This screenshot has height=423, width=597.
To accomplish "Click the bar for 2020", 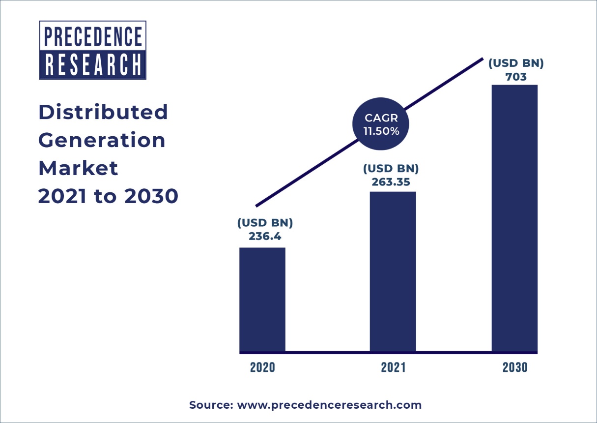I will [262, 300].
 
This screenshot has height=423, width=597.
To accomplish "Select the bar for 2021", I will [393, 272].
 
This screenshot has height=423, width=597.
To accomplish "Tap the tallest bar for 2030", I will [514, 218].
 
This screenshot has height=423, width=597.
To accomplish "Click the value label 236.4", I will [265, 236].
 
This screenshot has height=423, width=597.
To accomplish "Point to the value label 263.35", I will [391, 182].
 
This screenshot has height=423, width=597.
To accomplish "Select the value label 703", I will [516, 77].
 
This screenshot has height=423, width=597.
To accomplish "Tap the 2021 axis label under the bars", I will [393, 367].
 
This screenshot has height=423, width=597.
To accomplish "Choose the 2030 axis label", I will [514, 367].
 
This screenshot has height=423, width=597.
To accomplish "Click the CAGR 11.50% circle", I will [381, 125].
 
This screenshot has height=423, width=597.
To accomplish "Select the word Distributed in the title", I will [103, 112].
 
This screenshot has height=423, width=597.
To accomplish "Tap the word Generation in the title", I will [102, 141].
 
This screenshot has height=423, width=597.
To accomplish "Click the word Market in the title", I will [78, 169].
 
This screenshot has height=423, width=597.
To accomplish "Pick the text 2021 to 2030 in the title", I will [108, 197].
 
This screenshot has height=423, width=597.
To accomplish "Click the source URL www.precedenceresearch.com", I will [329, 405].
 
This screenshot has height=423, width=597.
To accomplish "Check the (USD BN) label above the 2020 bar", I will [265, 223].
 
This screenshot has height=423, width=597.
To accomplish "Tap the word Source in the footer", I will [210, 405].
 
